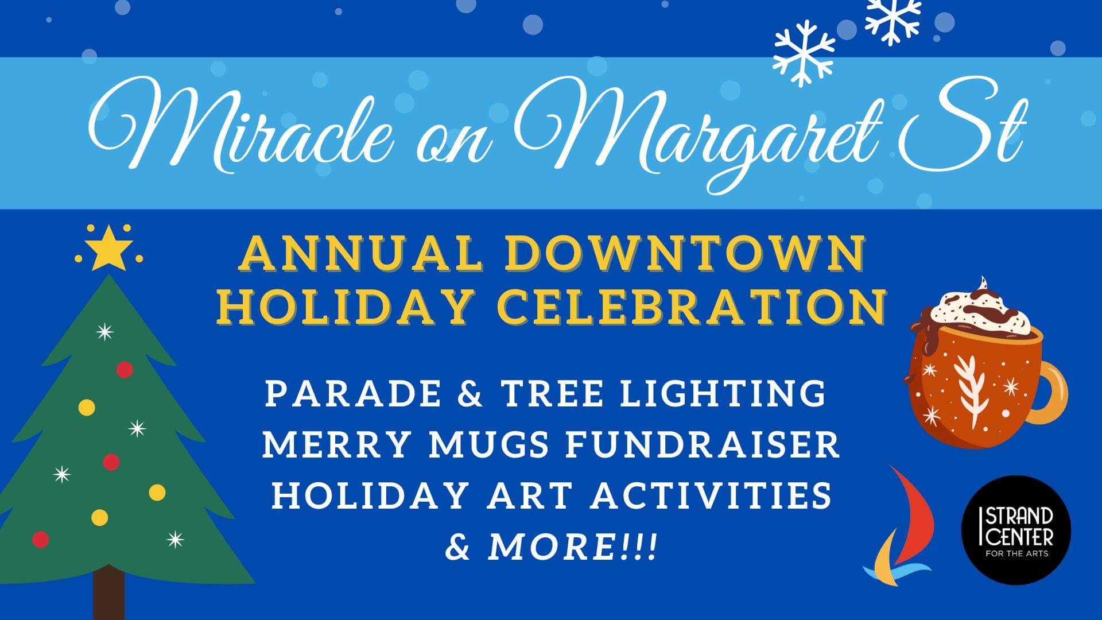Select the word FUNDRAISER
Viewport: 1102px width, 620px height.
(x=703, y=445)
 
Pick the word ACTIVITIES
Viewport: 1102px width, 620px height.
(x=712, y=495)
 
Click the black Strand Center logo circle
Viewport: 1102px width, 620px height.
(x=1016, y=530)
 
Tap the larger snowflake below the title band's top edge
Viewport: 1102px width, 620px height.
(x=804, y=53)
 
